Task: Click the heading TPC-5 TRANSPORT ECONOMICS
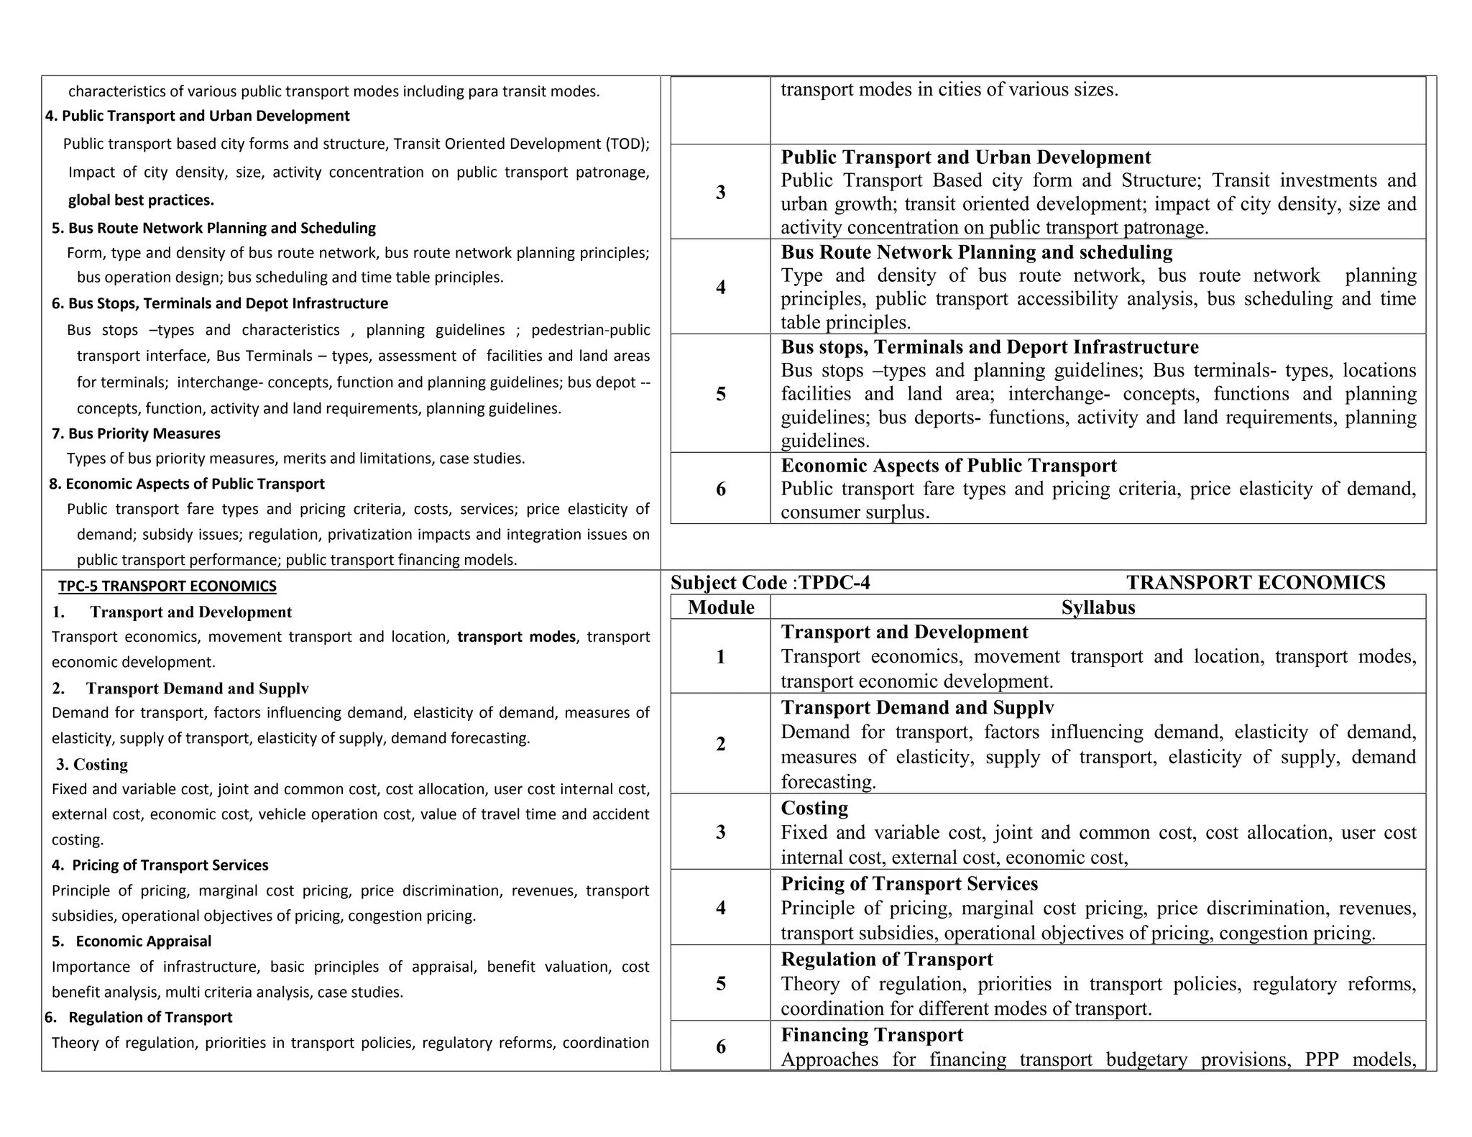[167, 586]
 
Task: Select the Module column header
[721, 607]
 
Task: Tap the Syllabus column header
[1098, 607]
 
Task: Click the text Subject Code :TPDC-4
[770, 583]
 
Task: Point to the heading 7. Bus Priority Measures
[136, 433]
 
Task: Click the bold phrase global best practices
[141, 200]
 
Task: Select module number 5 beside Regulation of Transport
[721, 983]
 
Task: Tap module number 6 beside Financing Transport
[721, 1046]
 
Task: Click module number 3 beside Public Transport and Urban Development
[721, 192]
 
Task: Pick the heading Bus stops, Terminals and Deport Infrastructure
[989, 347]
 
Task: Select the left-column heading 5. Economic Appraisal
[132, 941]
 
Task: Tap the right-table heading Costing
[814, 808]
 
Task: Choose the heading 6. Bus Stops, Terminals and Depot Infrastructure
[219, 303]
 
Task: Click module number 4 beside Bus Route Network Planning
[721, 287]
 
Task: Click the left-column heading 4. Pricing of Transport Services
[160, 865]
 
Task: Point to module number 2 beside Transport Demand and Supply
[721, 744]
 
